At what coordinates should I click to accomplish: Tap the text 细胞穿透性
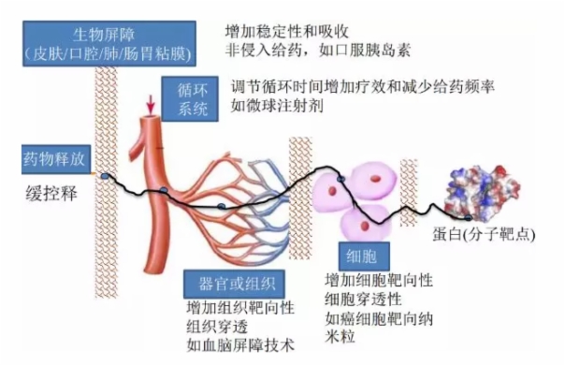click(x=362, y=299)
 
